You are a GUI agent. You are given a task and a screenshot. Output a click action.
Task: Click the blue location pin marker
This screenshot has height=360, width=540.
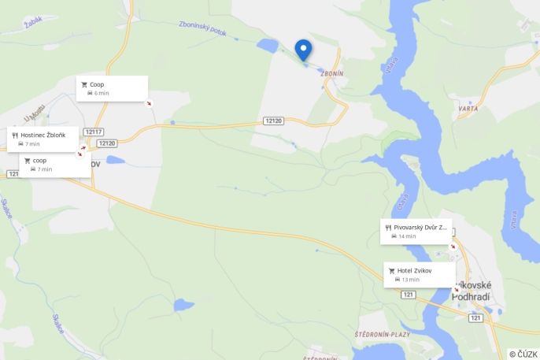pyautogui.click(x=303, y=50)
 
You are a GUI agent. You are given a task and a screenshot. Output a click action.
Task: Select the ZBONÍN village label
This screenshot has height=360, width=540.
pyautogui.click(x=332, y=73)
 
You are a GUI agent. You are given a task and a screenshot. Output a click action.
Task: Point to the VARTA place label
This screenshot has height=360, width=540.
pyautogui.click(x=468, y=109)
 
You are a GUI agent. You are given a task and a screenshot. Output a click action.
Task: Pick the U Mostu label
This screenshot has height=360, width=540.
pyautogui.click(x=32, y=118)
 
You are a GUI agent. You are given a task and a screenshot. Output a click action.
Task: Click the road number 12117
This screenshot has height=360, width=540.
pyautogui.click(x=94, y=132)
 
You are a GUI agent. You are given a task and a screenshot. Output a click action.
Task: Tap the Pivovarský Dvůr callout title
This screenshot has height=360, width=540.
pyautogui.click(x=420, y=227)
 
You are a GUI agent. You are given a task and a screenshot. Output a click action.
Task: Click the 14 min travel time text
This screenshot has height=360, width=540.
pyautogui.click(x=407, y=236)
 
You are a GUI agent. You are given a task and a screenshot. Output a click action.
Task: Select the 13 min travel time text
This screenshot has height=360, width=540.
pyautogui.click(x=410, y=280)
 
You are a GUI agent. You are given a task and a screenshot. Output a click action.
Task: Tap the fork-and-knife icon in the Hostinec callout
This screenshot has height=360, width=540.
pyautogui.click(x=15, y=135)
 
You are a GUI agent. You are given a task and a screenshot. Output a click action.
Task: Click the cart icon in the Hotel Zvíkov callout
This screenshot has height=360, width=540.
pyautogui.click(x=391, y=271)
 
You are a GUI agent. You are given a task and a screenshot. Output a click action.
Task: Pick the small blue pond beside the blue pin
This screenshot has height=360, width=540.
pyautogui.click(x=266, y=46)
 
